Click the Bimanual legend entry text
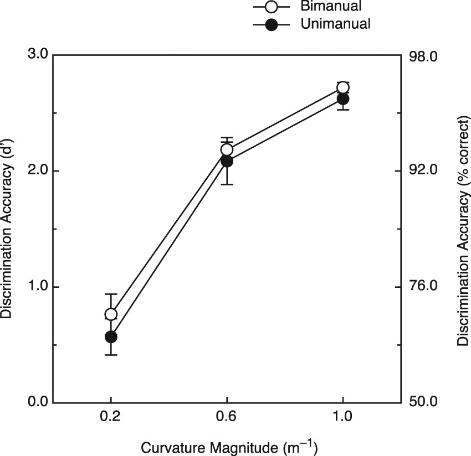(330, 7)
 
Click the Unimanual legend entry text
(335, 24)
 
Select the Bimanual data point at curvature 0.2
(111, 314)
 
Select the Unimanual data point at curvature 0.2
(111, 336)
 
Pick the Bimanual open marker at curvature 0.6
(227, 149)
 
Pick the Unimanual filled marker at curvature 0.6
(227, 161)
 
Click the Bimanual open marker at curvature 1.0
(342, 87)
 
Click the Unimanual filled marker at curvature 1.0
(342, 99)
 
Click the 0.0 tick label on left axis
(37, 402)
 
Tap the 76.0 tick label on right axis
(424, 287)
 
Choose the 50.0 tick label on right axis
(424, 402)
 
